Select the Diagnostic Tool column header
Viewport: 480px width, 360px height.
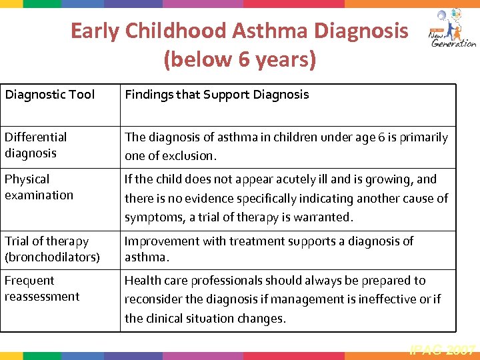pyautogui.click(x=50, y=95)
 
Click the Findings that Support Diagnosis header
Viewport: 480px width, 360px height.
pyautogui.click(x=217, y=95)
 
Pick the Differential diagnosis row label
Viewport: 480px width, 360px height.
pyautogui.click(x=36, y=145)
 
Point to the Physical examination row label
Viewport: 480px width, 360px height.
pyautogui.click(x=39, y=187)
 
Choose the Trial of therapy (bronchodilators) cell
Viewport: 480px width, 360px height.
pyautogui.click(x=51, y=249)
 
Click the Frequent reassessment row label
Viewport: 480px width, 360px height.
pyautogui.click(x=41, y=288)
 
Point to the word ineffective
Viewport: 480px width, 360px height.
pyautogui.click(x=389, y=299)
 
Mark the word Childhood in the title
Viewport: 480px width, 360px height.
pyautogui.click(x=173, y=31)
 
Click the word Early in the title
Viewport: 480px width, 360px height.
pyautogui.click(x=93, y=31)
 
